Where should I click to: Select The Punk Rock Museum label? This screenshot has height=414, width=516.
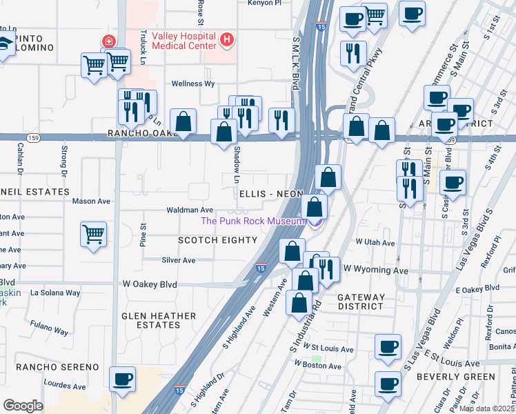[252, 221]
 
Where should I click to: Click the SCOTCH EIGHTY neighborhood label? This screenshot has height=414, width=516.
[217, 240]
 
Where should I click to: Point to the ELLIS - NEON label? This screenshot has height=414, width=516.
[270, 195]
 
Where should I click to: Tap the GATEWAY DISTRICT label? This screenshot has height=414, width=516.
[360, 301]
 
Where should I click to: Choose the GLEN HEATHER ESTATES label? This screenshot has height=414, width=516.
[159, 320]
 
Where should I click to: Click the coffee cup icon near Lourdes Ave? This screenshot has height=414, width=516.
[123, 379]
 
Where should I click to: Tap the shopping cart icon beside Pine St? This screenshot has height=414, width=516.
[93, 234]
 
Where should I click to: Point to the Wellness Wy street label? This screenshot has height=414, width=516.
[193, 83]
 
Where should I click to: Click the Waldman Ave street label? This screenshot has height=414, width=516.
[190, 210]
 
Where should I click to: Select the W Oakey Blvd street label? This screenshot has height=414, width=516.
[150, 284]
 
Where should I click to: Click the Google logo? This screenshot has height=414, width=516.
[23, 406]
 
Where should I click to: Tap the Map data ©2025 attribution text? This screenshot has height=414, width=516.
[486, 408]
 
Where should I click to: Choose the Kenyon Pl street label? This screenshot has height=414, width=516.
[265, 3]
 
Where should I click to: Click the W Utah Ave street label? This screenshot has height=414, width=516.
[375, 243]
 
